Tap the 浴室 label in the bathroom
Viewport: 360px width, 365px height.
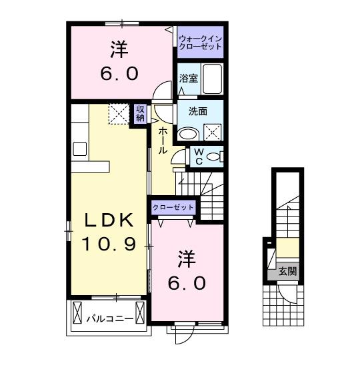(x=189, y=79)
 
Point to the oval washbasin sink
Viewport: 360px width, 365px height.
(x=189, y=133)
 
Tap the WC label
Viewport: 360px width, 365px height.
(x=198, y=156)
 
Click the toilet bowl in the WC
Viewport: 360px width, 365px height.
(x=213, y=157)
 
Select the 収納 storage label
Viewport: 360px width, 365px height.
(x=140, y=113)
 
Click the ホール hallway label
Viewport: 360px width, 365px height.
(x=162, y=141)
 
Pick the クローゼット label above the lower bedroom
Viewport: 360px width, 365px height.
(x=173, y=208)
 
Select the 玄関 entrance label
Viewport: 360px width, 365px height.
(x=288, y=271)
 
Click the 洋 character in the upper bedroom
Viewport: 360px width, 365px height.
(x=119, y=50)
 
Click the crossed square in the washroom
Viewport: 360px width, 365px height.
(x=212, y=132)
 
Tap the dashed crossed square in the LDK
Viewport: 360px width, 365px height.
(x=119, y=113)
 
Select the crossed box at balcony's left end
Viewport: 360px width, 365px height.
(x=77, y=312)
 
